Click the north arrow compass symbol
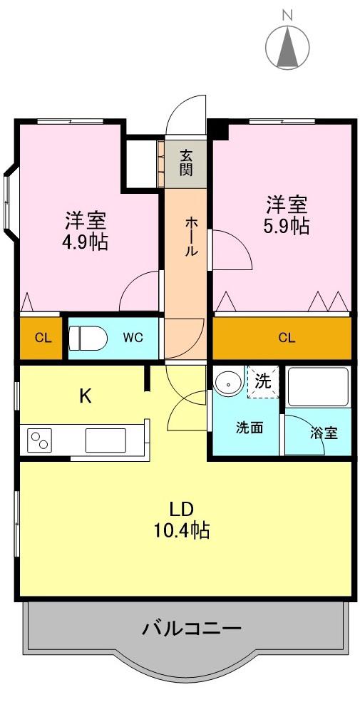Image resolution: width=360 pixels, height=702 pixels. point(287,46)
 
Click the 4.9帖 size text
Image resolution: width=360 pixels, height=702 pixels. point(85,242)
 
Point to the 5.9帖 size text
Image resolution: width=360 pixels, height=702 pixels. point(287,227)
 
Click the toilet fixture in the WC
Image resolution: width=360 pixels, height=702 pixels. point(87,338)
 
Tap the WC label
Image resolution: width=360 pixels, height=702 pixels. point(133,338)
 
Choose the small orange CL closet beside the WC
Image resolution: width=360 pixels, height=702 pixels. point(41,338)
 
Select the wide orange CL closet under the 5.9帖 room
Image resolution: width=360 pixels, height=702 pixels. point(282,338)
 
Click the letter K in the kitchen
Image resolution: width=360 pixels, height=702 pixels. point(86,396)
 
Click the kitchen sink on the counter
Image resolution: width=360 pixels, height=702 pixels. point(106,440)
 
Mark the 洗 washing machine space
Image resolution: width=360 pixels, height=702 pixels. point(263,382)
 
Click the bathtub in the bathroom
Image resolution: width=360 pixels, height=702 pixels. point(319,387)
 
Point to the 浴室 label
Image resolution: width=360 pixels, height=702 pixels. point(324,433)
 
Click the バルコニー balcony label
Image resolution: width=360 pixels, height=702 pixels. point(192,629)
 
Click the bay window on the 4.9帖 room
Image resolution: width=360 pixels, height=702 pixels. point(11,202)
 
